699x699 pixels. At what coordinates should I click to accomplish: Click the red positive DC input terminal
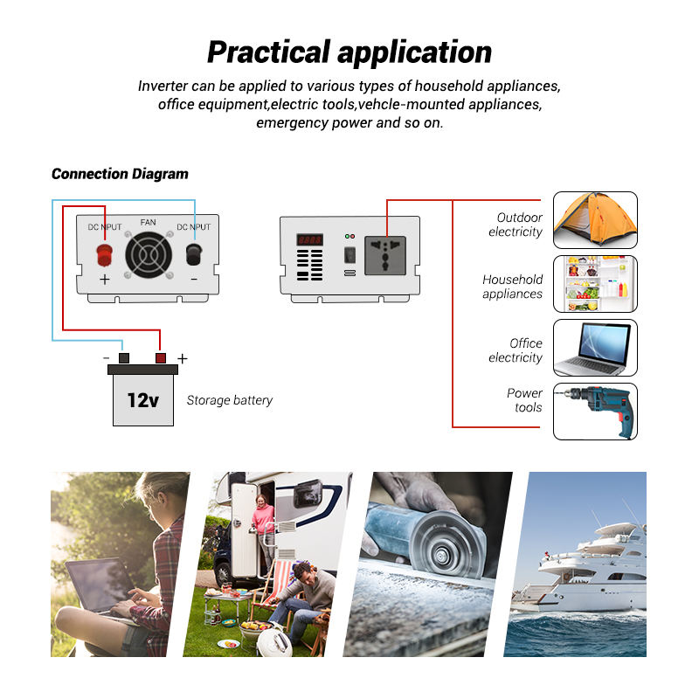104,255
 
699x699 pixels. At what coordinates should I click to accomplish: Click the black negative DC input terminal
194,254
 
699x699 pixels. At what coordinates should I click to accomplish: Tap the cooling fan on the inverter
149,255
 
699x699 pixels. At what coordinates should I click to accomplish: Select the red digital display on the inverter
310,239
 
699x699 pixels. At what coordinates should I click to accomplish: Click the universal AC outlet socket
385,255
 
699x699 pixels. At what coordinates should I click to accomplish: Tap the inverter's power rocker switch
350,255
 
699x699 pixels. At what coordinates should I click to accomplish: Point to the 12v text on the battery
142,400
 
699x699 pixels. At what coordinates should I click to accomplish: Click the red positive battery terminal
161,358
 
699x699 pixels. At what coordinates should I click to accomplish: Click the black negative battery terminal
124,358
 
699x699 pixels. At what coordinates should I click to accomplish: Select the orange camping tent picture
595,220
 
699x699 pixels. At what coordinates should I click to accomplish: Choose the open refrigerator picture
595,283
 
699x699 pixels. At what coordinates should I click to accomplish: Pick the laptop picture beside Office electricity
595,347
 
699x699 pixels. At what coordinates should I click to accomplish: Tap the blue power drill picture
595,411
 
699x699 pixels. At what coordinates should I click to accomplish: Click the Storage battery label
230,400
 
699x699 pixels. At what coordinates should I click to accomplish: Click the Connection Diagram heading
120,174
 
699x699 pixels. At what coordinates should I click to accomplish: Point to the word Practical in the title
269,52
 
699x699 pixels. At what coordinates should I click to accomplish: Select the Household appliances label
513,287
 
